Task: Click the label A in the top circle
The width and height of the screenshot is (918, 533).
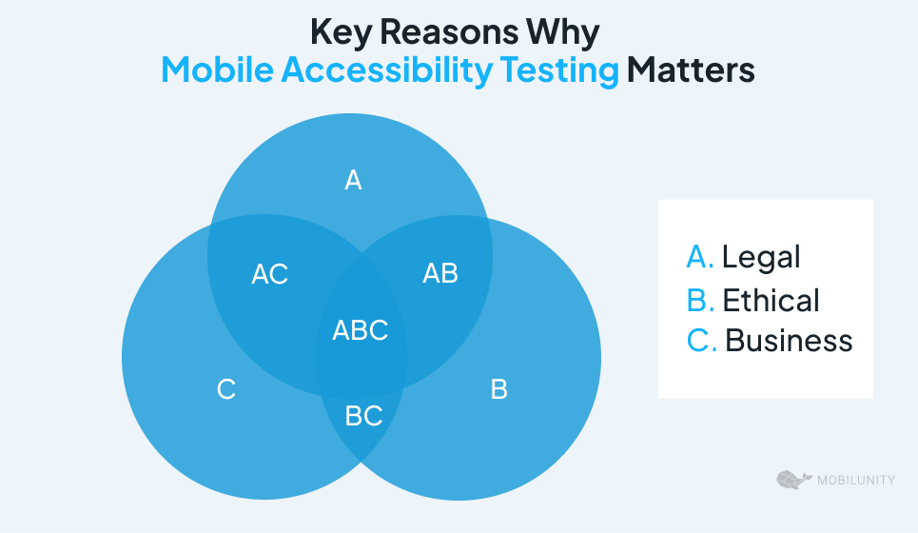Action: pos(353,180)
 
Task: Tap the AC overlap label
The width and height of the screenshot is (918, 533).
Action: pos(270,273)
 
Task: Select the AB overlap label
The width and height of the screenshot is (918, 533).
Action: pos(440,273)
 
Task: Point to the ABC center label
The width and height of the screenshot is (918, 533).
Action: pos(360,330)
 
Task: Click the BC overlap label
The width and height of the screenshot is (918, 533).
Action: pos(363,416)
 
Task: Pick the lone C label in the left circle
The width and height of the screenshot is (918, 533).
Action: pos(226,389)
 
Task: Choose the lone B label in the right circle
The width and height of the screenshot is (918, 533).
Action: pos(498,389)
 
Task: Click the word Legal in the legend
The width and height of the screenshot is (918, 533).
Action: pos(761,258)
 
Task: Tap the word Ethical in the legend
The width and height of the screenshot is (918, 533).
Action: pos(771,300)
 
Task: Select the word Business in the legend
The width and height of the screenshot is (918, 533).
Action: pos(789,341)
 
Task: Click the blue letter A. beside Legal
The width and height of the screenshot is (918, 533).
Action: pos(700,257)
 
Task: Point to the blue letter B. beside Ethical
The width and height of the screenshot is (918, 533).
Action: pos(701,300)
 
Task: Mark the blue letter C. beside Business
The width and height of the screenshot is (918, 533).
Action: pos(702,341)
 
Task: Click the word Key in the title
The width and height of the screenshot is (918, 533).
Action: pos(341,32)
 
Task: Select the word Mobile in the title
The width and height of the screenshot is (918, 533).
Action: pos(217,69)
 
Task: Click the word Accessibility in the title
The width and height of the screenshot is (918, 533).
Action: pos(387,70)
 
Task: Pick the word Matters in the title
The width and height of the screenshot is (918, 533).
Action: pos(691,69)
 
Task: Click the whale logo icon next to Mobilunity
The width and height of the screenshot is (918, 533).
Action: pos(794,479)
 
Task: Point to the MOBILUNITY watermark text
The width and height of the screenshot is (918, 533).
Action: pos(856,481)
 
